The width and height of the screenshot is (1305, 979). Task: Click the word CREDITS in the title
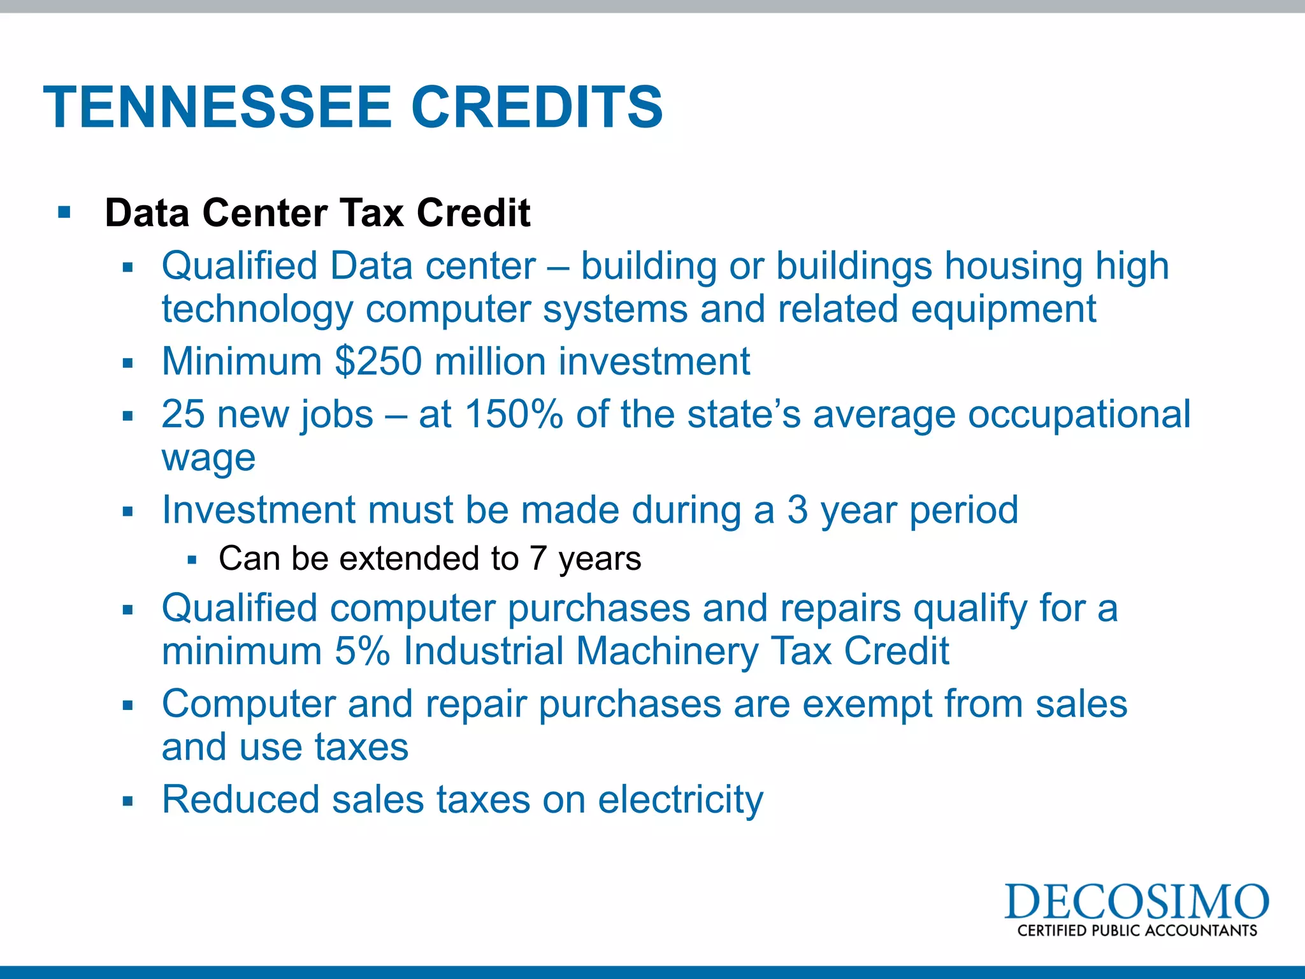[x=537, y=107]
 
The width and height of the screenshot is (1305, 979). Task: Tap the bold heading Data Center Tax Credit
[x=317, y=212]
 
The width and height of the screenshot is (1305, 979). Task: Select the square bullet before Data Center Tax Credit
[x=64, y=212]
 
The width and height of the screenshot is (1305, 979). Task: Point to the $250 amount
[x=379, y=361]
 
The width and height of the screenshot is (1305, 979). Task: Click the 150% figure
[x=514, y=414]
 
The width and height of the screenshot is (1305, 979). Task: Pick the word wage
[x=208, y=458]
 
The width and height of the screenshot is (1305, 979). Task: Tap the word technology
[x=257, y=309]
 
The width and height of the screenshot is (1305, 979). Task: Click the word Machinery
[x=667, y=651]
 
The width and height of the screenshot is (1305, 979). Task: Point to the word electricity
[x=681, y=799]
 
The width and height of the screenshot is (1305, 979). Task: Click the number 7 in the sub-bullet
[x=538, y=559]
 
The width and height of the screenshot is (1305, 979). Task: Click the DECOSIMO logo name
[x=1137, y=901]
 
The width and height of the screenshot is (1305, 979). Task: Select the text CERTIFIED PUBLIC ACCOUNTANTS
[x=1137, y=931]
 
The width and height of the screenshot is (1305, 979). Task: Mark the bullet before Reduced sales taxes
[x=128, y=801]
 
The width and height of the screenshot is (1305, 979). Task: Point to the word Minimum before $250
[x=242, y=361]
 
